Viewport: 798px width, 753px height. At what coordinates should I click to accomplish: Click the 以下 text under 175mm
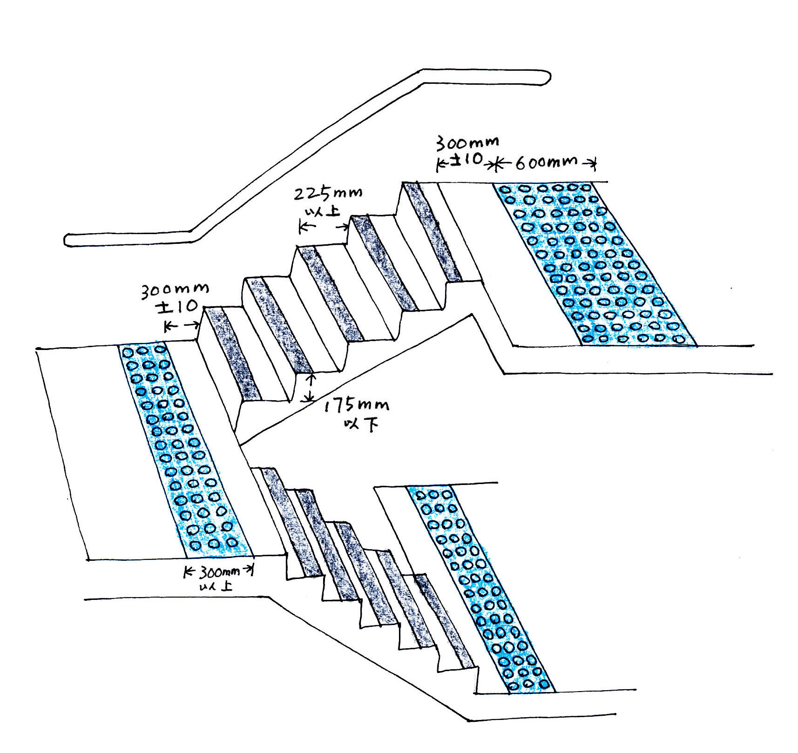[x=360, y=425]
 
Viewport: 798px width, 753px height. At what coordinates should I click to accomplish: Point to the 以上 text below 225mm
[x=322, y=212]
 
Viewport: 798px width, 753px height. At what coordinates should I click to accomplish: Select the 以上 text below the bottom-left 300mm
[x=216, y=586]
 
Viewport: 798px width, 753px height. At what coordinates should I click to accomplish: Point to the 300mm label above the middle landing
[x=175, y=290]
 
